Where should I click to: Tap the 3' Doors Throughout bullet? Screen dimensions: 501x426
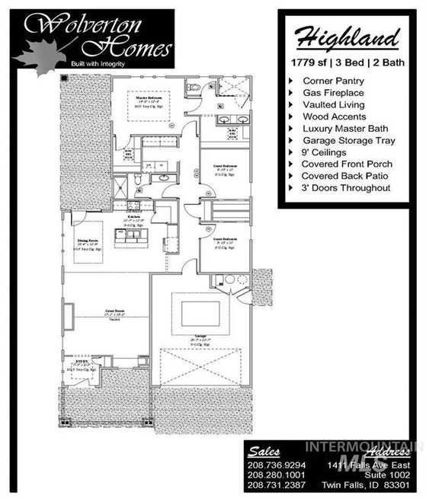point(346,188)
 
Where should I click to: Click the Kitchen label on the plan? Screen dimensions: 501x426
point(134,217)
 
